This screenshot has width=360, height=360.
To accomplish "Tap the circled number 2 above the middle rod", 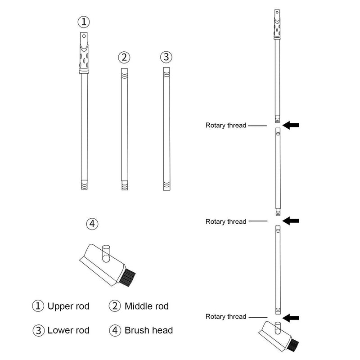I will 124,57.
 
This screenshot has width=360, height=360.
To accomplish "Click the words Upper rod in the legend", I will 68,306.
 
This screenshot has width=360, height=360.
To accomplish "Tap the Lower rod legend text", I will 68,330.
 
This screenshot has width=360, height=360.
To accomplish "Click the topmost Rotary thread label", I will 226,126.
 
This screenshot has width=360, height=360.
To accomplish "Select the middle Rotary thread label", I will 226,221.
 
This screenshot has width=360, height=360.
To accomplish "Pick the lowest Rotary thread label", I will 226,316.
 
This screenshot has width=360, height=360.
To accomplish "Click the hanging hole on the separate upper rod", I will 83,36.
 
